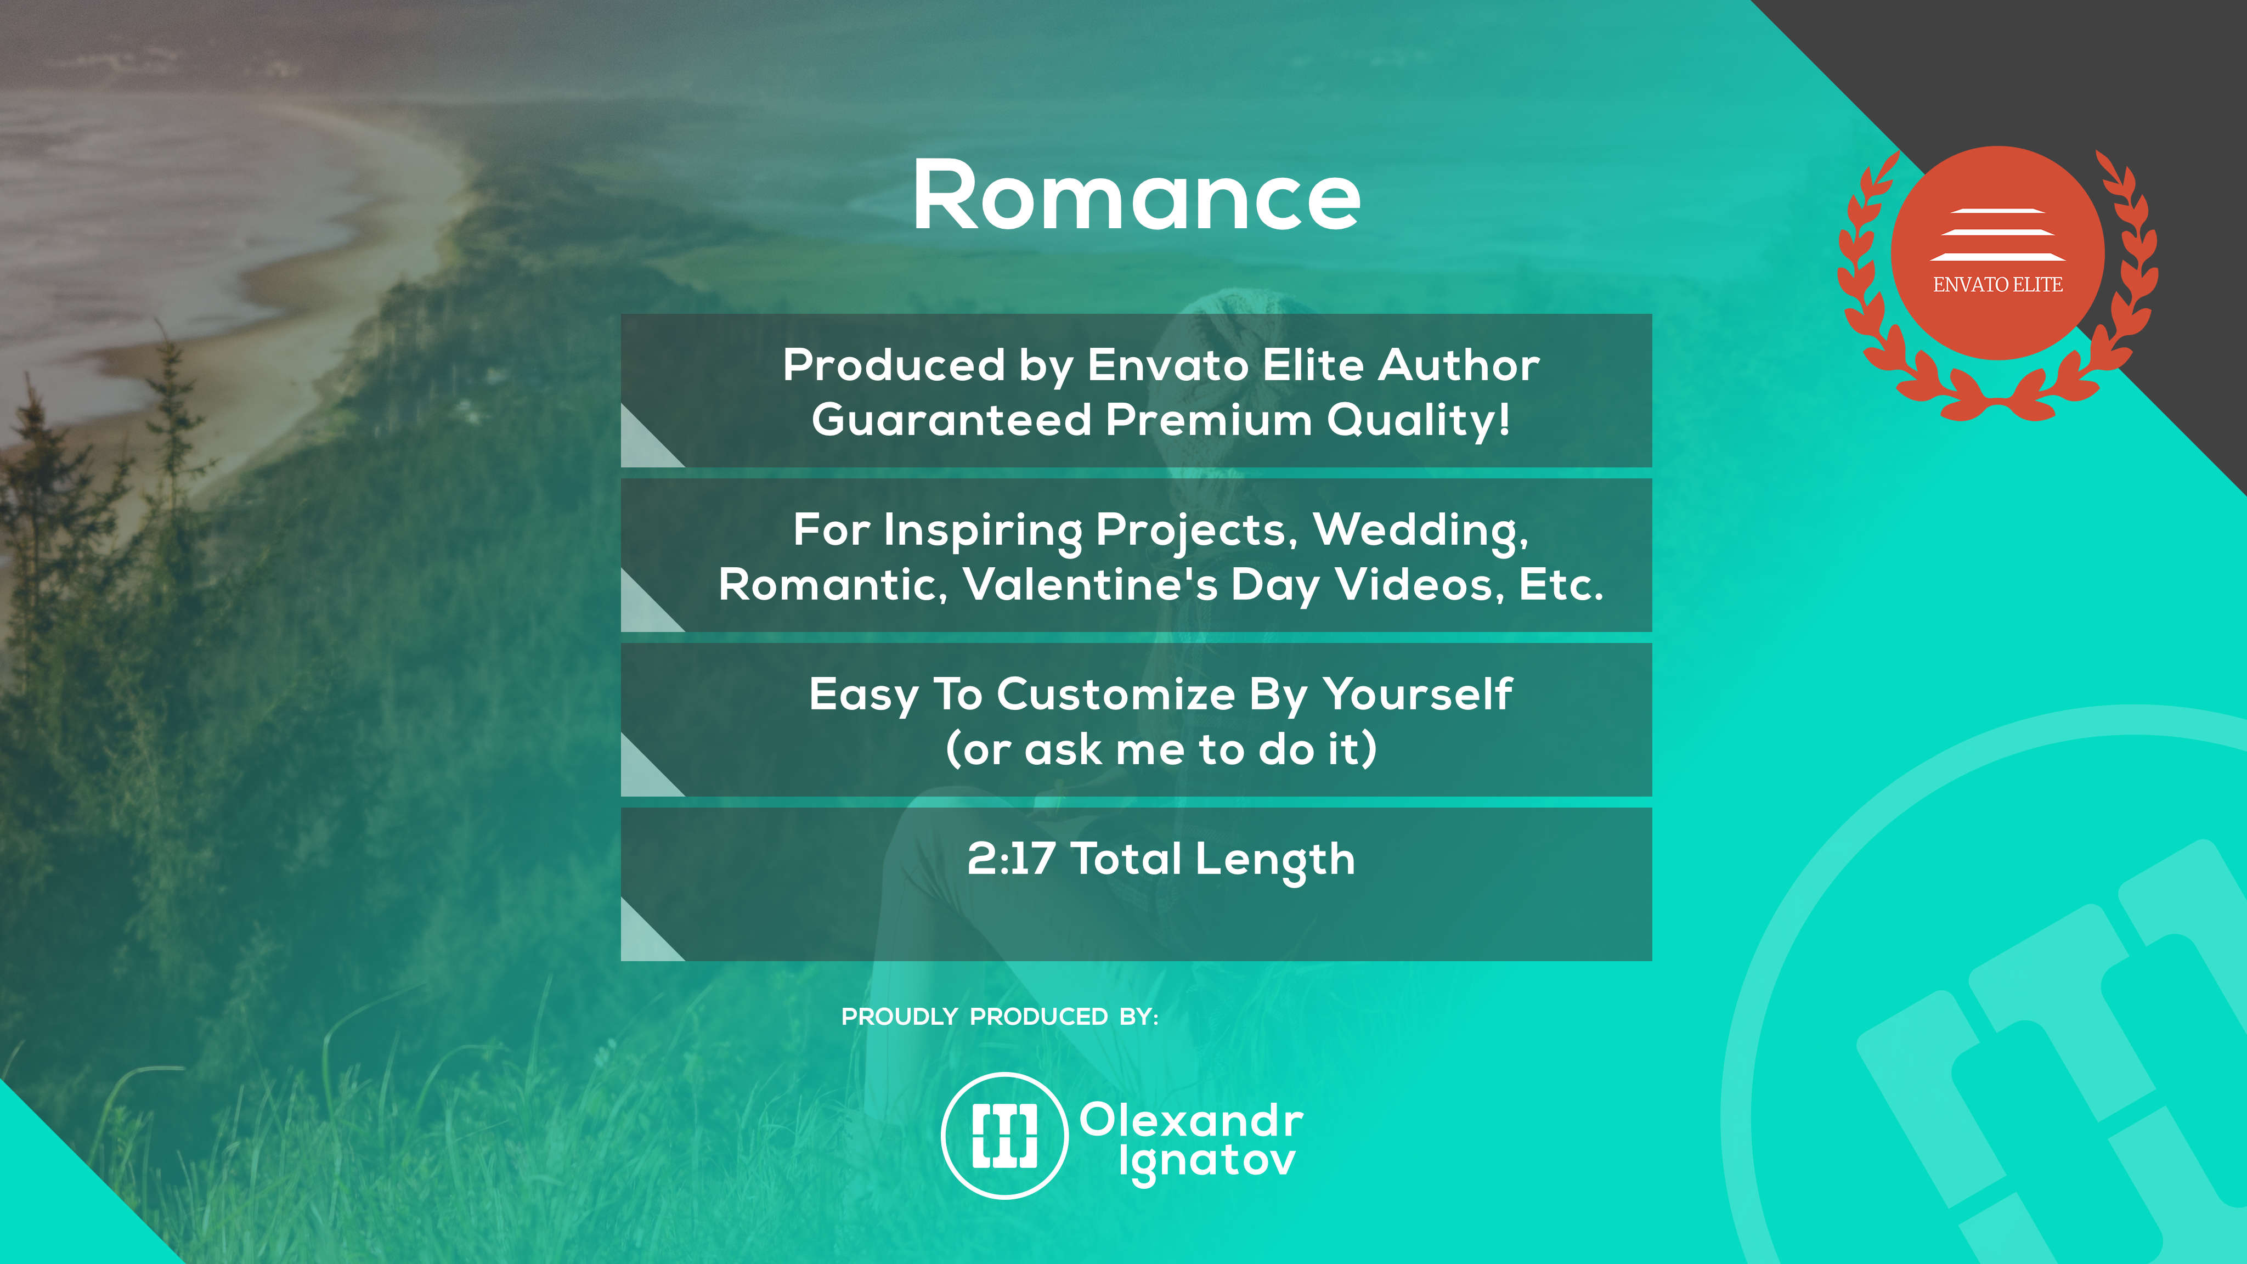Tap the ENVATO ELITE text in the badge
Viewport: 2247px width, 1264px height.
1997,284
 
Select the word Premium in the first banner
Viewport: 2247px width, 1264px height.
1209,420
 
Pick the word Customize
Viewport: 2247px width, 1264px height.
1116,695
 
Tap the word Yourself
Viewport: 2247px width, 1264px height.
1418,695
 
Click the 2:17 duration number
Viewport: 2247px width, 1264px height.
1011,859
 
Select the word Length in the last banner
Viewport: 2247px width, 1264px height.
1275,861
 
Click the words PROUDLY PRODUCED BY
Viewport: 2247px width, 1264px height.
1000,1017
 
